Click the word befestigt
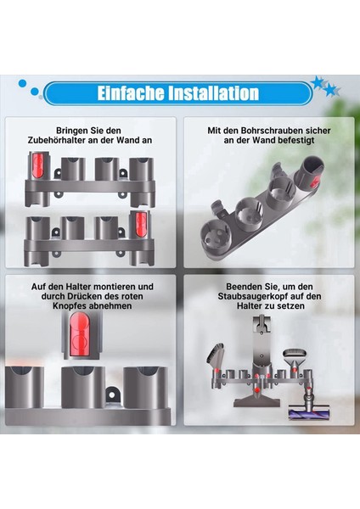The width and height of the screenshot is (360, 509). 288,143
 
